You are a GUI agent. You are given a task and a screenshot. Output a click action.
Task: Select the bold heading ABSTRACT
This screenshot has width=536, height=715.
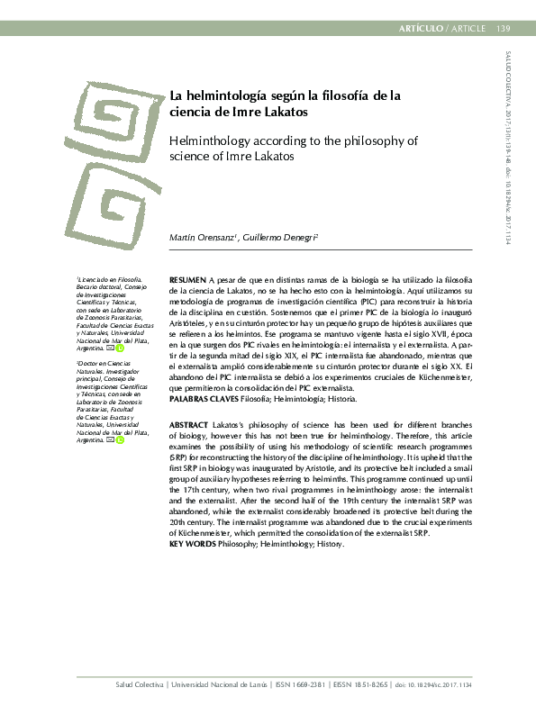189,423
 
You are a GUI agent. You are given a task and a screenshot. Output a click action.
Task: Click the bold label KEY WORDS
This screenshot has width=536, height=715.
192,544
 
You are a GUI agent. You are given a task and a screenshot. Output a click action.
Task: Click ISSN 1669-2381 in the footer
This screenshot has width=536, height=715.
303,685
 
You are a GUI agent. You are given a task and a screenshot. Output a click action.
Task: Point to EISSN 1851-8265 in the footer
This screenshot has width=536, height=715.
360,685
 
